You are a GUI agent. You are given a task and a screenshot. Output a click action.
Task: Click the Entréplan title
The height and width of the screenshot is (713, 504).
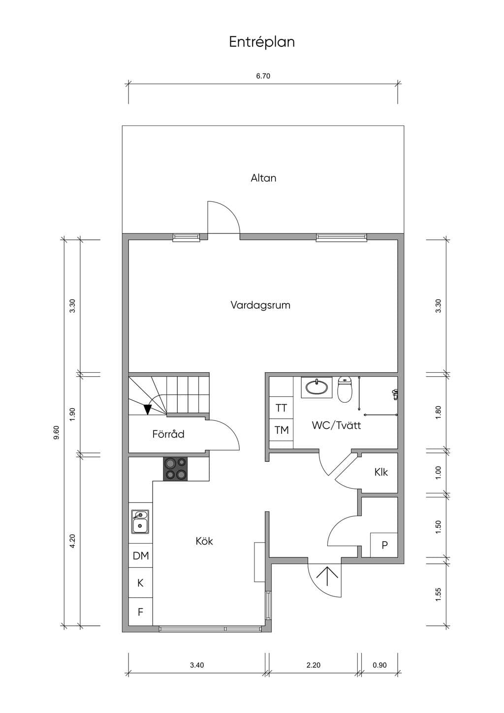[x=262, y=42]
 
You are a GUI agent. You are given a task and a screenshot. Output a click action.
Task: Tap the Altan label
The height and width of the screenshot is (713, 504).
[x=263, y=178]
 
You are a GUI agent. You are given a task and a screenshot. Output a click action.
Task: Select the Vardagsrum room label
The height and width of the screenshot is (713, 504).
[x=260, y=305]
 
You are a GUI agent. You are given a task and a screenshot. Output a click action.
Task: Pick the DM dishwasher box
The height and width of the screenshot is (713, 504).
[x=141, y=556]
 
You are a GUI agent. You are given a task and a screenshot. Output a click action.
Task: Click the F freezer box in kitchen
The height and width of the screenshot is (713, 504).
[x=140, y=612]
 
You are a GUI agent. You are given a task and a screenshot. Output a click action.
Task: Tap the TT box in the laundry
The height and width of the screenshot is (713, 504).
[x=281, y=408]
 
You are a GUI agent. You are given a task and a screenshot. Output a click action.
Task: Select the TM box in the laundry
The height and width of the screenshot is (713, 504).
[x=281, y=430]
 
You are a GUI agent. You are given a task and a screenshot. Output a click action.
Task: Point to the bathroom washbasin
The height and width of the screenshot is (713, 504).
[x=316, y=388]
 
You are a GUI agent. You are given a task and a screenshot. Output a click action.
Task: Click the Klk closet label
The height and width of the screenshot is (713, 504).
[x=381, y=472]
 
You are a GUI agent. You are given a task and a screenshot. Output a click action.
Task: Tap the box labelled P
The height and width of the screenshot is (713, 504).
[x=384, y=545]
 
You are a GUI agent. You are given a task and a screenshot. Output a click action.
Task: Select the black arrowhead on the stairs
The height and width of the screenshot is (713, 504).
[x=147, y=409]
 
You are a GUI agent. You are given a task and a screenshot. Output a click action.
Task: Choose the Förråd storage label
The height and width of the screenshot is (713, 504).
[x=168, y=434]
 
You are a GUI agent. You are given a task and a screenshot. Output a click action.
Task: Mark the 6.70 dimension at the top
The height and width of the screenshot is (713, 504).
[x=263, y=76]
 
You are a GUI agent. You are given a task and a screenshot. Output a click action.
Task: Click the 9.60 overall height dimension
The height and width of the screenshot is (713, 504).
[x=56, y=432]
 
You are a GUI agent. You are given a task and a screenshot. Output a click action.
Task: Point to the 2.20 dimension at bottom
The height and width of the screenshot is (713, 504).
[x=314, y=665]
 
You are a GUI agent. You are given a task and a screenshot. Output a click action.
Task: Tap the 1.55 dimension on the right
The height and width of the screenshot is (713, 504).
[x=439, y=595]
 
